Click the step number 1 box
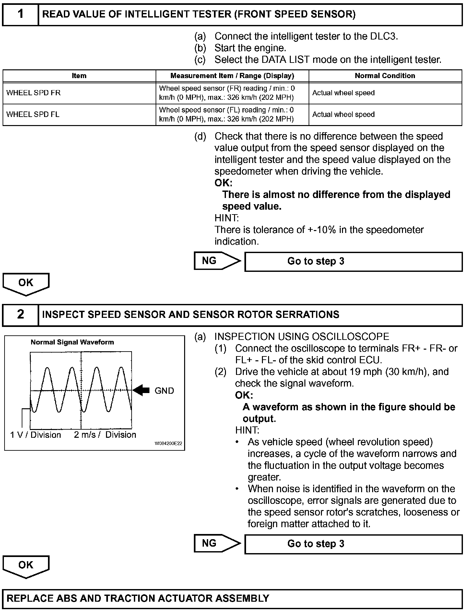coord(20,14)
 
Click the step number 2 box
coord(20,314)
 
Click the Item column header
coord(79,76)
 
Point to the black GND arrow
coord(141,390)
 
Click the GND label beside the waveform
coord(164,391)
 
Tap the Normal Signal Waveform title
coord(72,342)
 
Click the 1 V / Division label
coord(36,435)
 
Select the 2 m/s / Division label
coord(105,435)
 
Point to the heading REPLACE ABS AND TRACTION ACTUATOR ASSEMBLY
coord(138,598)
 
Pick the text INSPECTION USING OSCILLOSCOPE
coord(302,337)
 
